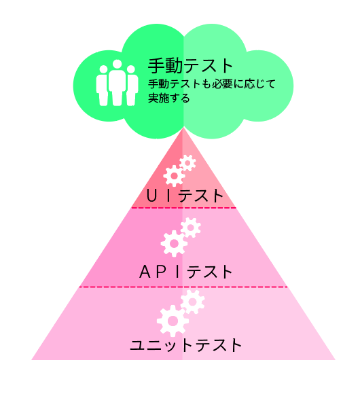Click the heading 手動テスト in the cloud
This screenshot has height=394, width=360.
[x=190, y=66]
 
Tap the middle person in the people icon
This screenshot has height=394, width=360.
[x=117, y=82]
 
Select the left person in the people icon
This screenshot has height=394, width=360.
[x=103, y=86]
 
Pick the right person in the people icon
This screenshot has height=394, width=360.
[x=131, y=86]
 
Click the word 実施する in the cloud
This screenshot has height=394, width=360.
[x=169, y=98]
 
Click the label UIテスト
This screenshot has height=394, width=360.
[x=185, y=196]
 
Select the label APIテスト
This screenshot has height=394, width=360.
[x=186, y=272]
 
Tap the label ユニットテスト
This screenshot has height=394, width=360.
[x=185, y=345]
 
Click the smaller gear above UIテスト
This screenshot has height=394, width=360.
[x=187, y=163]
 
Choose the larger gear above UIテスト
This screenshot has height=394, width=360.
[x=174, y=176]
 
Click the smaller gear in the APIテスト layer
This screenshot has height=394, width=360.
[x=190, y=228]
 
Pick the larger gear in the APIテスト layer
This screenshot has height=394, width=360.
[x=174, y=243]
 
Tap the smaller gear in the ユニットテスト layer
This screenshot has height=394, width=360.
[x=192, y=302]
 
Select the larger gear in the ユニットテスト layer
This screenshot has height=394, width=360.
[x=173, y=321]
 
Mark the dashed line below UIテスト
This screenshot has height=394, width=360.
[x=183, y=208]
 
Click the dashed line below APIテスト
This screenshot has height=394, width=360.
[x=183, y=287]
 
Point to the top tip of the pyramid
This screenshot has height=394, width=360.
[x=183, y=128]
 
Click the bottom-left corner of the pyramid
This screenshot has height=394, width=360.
[x=32, y=360]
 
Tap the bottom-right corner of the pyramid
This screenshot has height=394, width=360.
[x=336, y=360]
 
